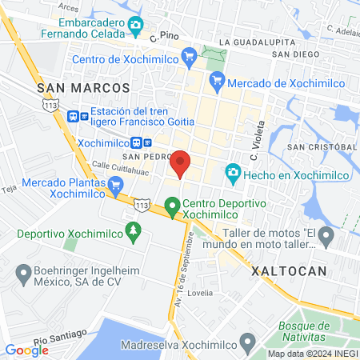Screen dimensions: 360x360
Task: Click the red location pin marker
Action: tap(181, 162)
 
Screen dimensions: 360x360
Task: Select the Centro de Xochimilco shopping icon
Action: tap(190, 56)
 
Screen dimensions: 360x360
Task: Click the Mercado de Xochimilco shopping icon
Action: tap(217, 80)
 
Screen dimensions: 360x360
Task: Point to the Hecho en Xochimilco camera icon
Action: tap(233, 172)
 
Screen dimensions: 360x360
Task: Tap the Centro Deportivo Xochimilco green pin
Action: tap(172, 207)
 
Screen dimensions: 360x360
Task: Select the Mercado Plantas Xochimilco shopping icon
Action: tap(117, 186)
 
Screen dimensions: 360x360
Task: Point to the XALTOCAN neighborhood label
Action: tap(290, 271)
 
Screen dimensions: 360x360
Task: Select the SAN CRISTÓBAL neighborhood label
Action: tap(322, 147)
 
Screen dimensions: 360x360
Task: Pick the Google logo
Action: tap(26, 350)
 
